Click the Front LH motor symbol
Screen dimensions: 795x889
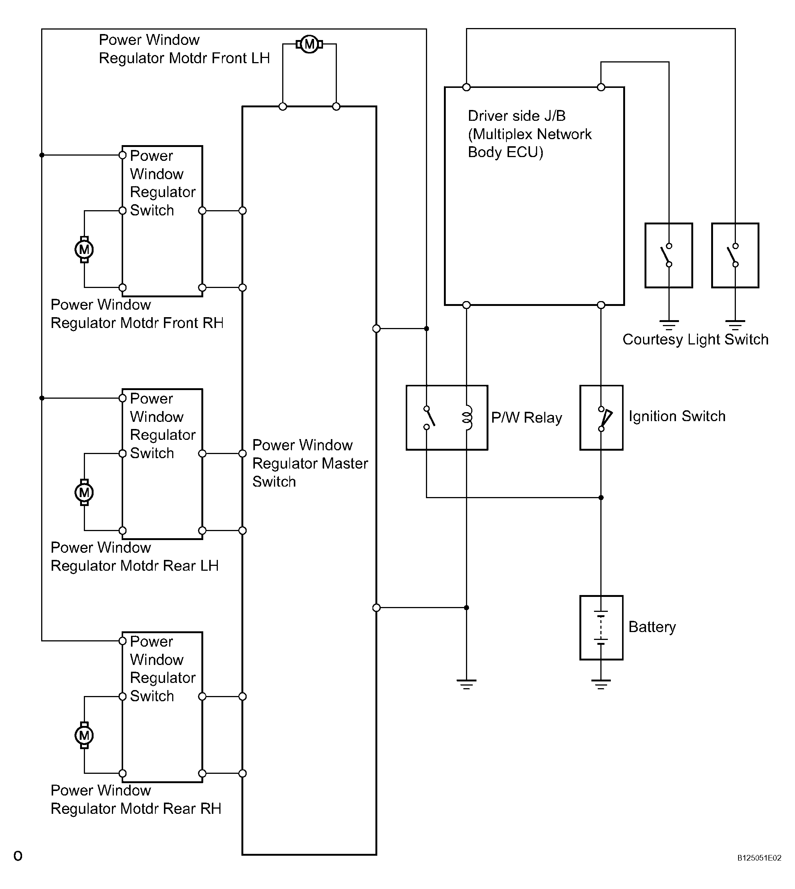tap(309, 44)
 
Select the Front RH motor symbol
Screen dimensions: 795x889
tap(84, 249)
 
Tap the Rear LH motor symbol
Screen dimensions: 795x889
tap(84, 493)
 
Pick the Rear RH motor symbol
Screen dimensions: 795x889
tap(84, 735)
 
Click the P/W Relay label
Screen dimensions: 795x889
tap(526, 418)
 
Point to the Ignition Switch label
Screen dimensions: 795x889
tap(677, 416)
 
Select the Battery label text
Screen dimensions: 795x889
tap(652, 627)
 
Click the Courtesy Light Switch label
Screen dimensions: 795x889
tap(695, 339)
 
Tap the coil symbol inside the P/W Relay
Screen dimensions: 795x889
tap(467, 418)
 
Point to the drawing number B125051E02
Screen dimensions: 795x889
tap(759, 870)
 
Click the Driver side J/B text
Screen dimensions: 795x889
tap(517, 116)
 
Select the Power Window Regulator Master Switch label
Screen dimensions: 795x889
tap(310, 463)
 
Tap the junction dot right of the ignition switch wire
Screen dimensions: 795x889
tap(601, 497)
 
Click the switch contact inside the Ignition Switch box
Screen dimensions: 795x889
tap(604, 419)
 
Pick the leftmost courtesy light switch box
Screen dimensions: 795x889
tap(669, 255)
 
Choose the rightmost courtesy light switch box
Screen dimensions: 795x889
tap(735, 255)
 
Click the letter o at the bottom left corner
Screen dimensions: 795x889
tap(18, 868)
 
